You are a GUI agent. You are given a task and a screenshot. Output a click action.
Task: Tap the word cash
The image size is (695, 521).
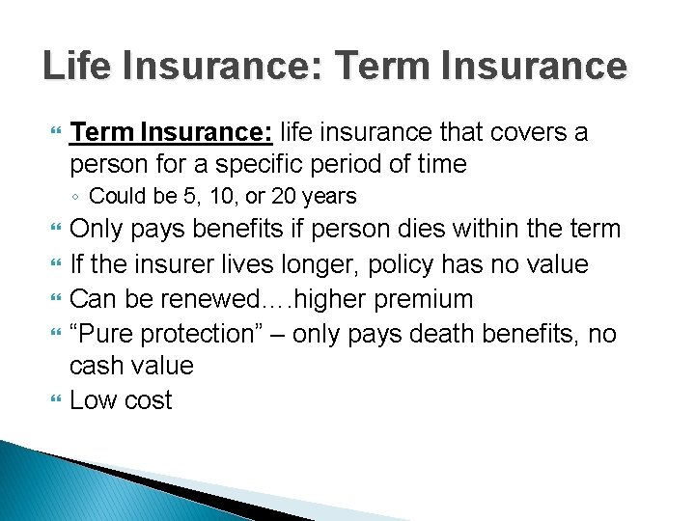point(99,366)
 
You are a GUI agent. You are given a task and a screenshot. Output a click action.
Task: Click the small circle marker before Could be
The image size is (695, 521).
point(76,198)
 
